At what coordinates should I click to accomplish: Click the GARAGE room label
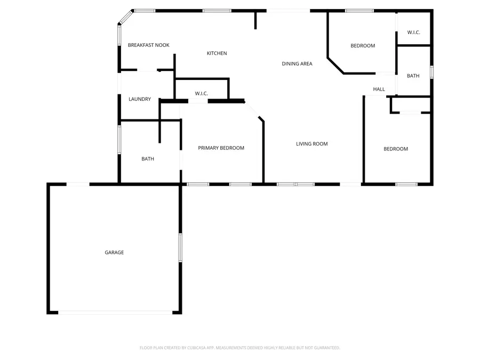(x=114, y=252)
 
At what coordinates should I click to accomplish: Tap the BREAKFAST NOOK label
(x=148, y=45)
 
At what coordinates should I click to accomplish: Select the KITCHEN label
(x=217, y=53)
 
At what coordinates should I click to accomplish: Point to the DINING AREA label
(x=297, y=64)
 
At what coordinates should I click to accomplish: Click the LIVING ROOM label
(x=312, y=144)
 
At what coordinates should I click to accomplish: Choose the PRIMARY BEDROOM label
(x=221, y=148)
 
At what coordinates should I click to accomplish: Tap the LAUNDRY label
(x=140, y=99)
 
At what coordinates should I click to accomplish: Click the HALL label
(x=379, y=90)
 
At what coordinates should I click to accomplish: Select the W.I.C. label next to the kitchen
(x=201, y=94)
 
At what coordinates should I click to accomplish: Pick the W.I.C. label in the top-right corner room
(x=414, y=33)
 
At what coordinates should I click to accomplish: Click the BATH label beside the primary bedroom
(x=148, y=159)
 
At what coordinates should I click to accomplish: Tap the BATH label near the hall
(x=413, y=76)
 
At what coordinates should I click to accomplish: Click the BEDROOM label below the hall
(x=396, y=149)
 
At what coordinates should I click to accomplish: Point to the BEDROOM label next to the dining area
(x=363, y=46)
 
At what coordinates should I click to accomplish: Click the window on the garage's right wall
(x=180, y=247)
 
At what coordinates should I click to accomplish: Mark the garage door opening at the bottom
(x=115, y=313)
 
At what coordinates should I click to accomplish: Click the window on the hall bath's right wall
(x=431, y=72)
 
